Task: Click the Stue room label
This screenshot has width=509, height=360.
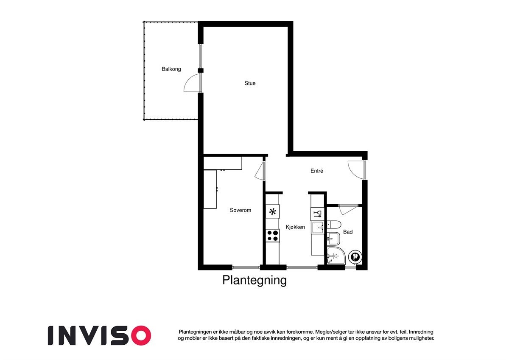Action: [x=250, y=84]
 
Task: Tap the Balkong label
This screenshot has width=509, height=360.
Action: [x=171, y=69]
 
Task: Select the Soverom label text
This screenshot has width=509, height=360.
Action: [x=241, y=210]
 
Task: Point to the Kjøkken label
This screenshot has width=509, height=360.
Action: [x=295, y=227]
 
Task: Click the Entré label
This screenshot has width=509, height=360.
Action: [x=317, y=171]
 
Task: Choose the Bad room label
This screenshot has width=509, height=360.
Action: [x=348, y=232]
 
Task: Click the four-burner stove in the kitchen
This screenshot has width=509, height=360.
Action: [x=272, y=235]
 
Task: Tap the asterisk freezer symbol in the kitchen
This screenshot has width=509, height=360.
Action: [x=272, y=211]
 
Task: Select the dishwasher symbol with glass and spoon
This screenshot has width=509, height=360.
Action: [x=317, y=213]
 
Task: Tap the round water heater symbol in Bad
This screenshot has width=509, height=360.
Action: [x=355, y=256]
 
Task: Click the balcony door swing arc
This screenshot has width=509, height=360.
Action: [x=191, y=84]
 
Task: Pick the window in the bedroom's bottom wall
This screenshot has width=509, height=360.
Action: [x=246, y=267]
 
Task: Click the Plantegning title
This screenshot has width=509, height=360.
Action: [x=255, y=281]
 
